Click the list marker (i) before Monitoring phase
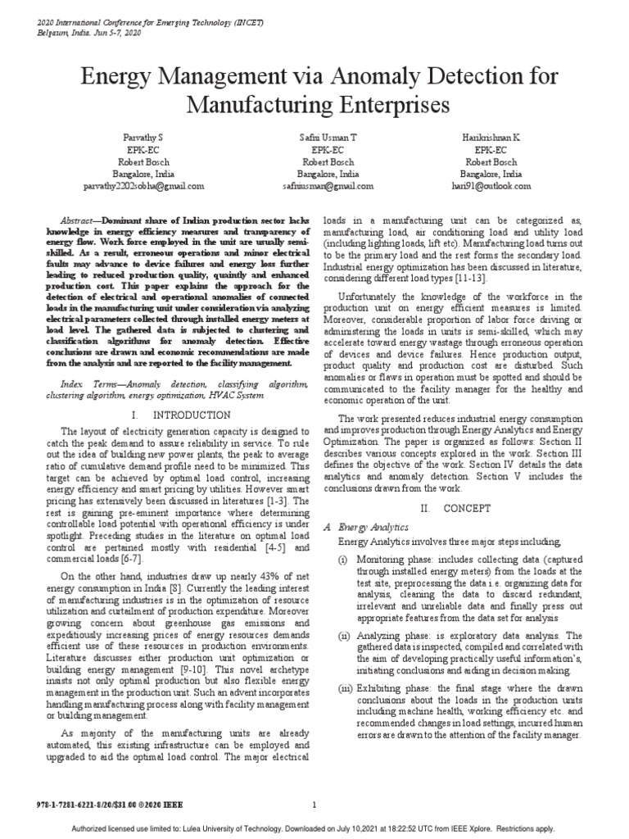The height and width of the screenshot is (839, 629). pos(343,558)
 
